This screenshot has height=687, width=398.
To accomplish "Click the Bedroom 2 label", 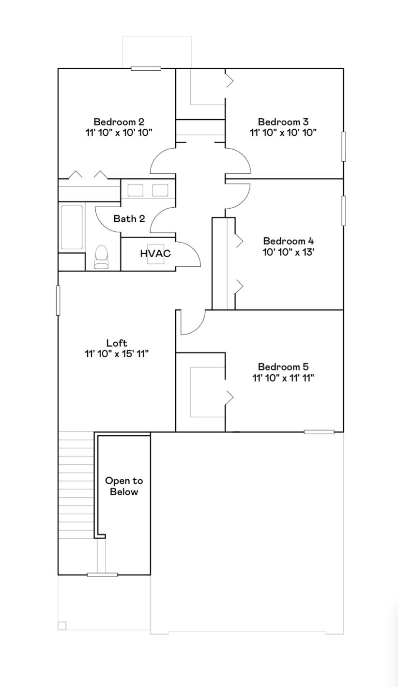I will click(119, 122).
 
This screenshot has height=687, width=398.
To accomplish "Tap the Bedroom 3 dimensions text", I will click(283, 132).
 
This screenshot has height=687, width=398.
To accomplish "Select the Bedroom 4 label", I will click(289, 241).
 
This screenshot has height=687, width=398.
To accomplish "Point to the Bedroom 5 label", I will click(283, 366).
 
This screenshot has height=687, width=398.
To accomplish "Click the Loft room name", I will click(117, 343).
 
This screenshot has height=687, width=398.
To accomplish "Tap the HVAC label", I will click(155, 253).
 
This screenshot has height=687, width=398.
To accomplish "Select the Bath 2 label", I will click(129, 219).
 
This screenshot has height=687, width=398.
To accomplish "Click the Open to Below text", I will click(124, 486).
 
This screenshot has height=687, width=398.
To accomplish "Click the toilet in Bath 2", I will click(101, 257).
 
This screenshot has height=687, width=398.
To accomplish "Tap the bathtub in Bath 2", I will click(72, 228).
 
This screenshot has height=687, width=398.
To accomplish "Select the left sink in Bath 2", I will click(135, 190).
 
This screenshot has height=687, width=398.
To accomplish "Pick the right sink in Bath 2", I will click(160, 190).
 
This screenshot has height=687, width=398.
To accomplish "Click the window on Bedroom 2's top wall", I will click(146, 69).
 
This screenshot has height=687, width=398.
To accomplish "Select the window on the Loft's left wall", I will click(58, 300).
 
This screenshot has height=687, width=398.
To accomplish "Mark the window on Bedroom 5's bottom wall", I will click(319, 432).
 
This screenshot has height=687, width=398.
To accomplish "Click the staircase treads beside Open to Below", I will click(76, 484).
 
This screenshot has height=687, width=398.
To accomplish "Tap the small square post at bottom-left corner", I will click(62, 626).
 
